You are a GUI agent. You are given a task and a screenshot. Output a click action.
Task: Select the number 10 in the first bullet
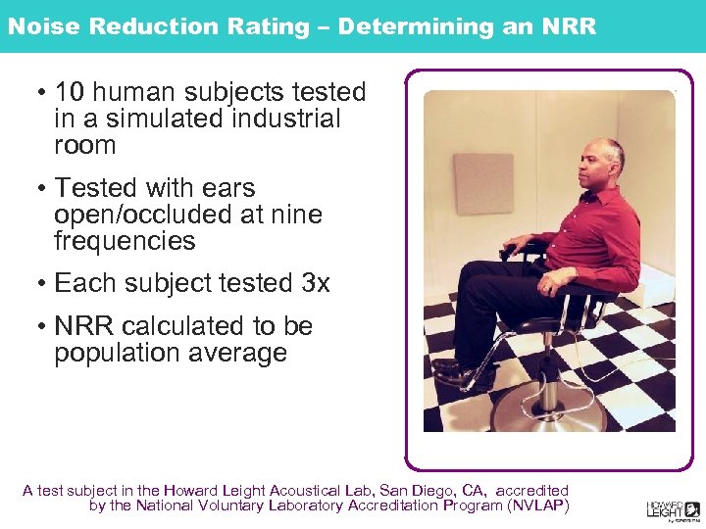click(70, 93)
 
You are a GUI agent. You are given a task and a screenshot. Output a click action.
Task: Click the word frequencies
click(125, 241)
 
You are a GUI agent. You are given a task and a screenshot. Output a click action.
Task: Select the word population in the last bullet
click(114, 353)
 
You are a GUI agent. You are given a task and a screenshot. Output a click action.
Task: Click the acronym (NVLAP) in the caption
click(537, 505)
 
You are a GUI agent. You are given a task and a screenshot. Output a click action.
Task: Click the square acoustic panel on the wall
click(483, 183)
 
